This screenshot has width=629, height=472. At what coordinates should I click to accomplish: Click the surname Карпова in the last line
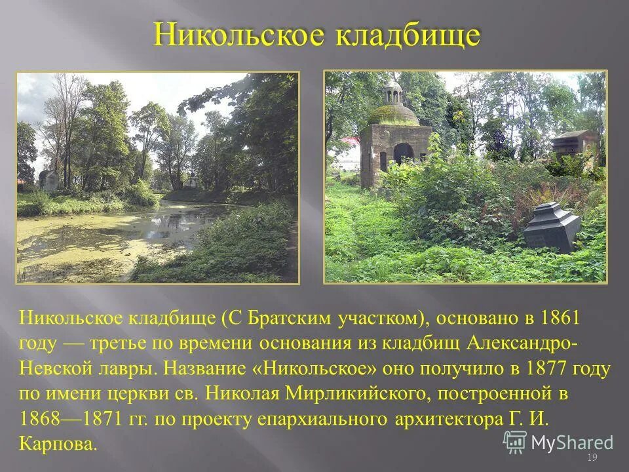59,444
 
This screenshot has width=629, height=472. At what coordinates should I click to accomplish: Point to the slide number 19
592,457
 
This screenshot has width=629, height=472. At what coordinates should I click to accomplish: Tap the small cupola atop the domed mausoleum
393,92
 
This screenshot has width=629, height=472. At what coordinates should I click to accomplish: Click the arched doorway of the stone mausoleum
404,153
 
